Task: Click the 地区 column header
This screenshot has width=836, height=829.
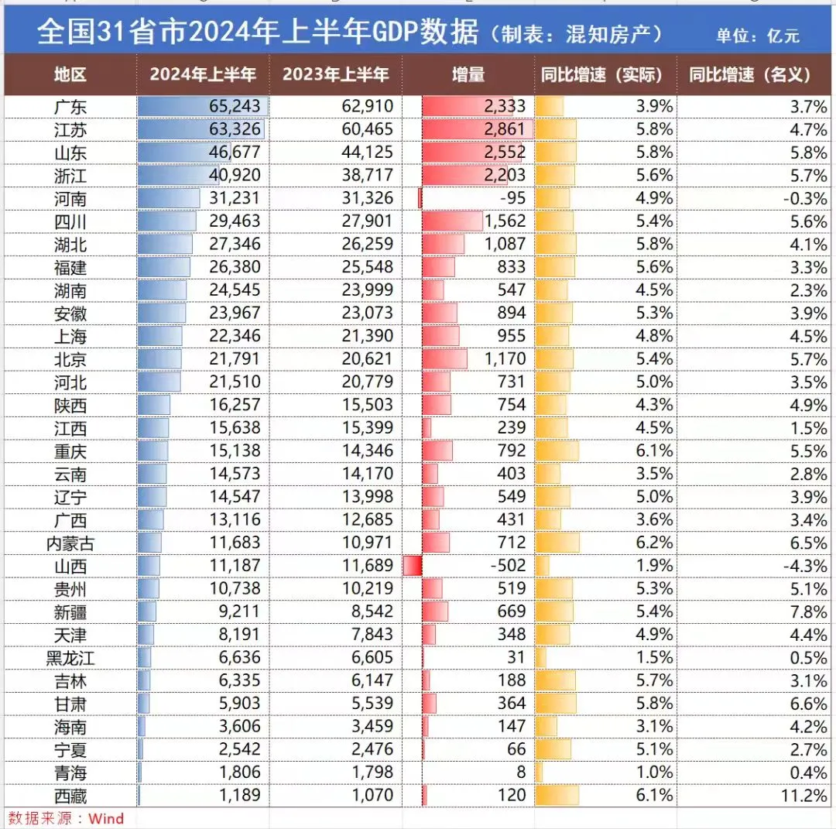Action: coord(70,75)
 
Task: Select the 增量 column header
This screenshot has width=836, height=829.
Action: coord(468,75)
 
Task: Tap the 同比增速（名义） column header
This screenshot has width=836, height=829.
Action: coord(750,75)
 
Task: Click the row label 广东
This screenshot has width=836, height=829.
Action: coord(70,107)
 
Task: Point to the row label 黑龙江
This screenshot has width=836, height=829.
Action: coord(70,658)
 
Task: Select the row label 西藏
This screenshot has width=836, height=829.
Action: coord(70,796)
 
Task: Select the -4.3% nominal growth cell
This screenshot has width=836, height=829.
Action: coord(805,566)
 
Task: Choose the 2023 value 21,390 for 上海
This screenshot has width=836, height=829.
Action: coord(367,336)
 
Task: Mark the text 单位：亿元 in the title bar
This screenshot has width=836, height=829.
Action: coord(757,36)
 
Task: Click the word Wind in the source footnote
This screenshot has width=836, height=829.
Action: coord(106,819)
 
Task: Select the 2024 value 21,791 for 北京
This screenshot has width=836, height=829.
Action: coord(235,359)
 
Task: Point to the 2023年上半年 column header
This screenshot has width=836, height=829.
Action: coord(335,75)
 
